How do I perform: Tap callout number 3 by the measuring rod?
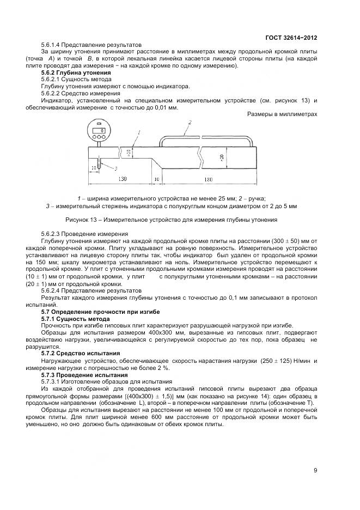115,168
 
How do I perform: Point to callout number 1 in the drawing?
139,132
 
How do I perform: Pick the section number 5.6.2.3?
53,233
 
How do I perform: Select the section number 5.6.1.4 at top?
53,45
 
